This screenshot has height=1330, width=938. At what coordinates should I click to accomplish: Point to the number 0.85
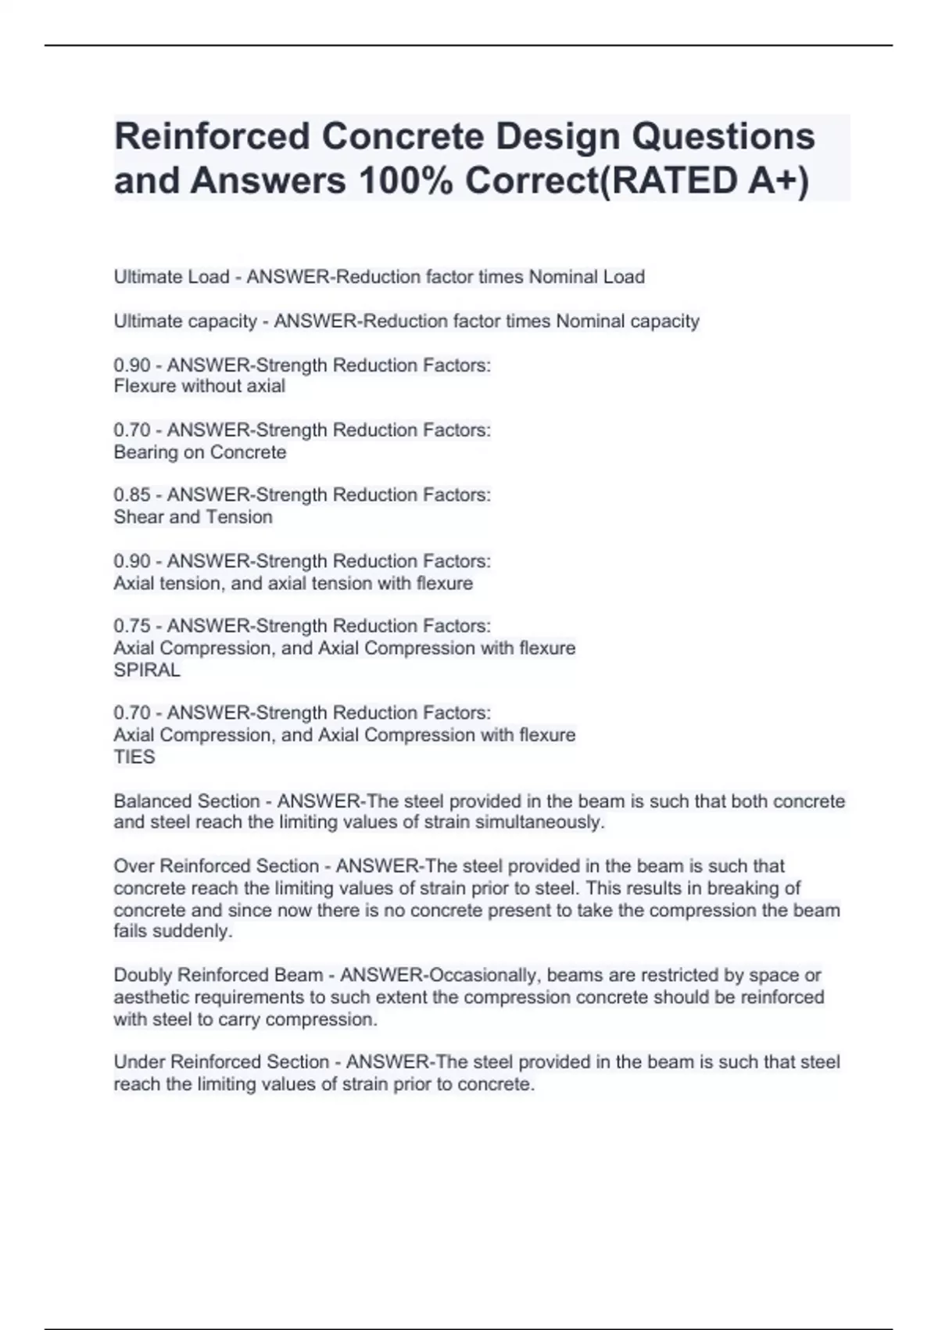click(x=132, y=495)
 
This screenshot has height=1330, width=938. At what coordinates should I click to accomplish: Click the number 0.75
click(x=132, y=626)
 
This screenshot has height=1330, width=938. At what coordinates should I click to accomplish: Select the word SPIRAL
click(x=147, y=670)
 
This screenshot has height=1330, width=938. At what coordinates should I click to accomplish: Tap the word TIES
click(x=134, y=757)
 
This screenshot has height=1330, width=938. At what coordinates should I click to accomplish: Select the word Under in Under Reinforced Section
click(x=139, y=1062)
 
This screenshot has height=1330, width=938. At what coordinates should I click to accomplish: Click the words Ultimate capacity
click(x=185, y=322)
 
